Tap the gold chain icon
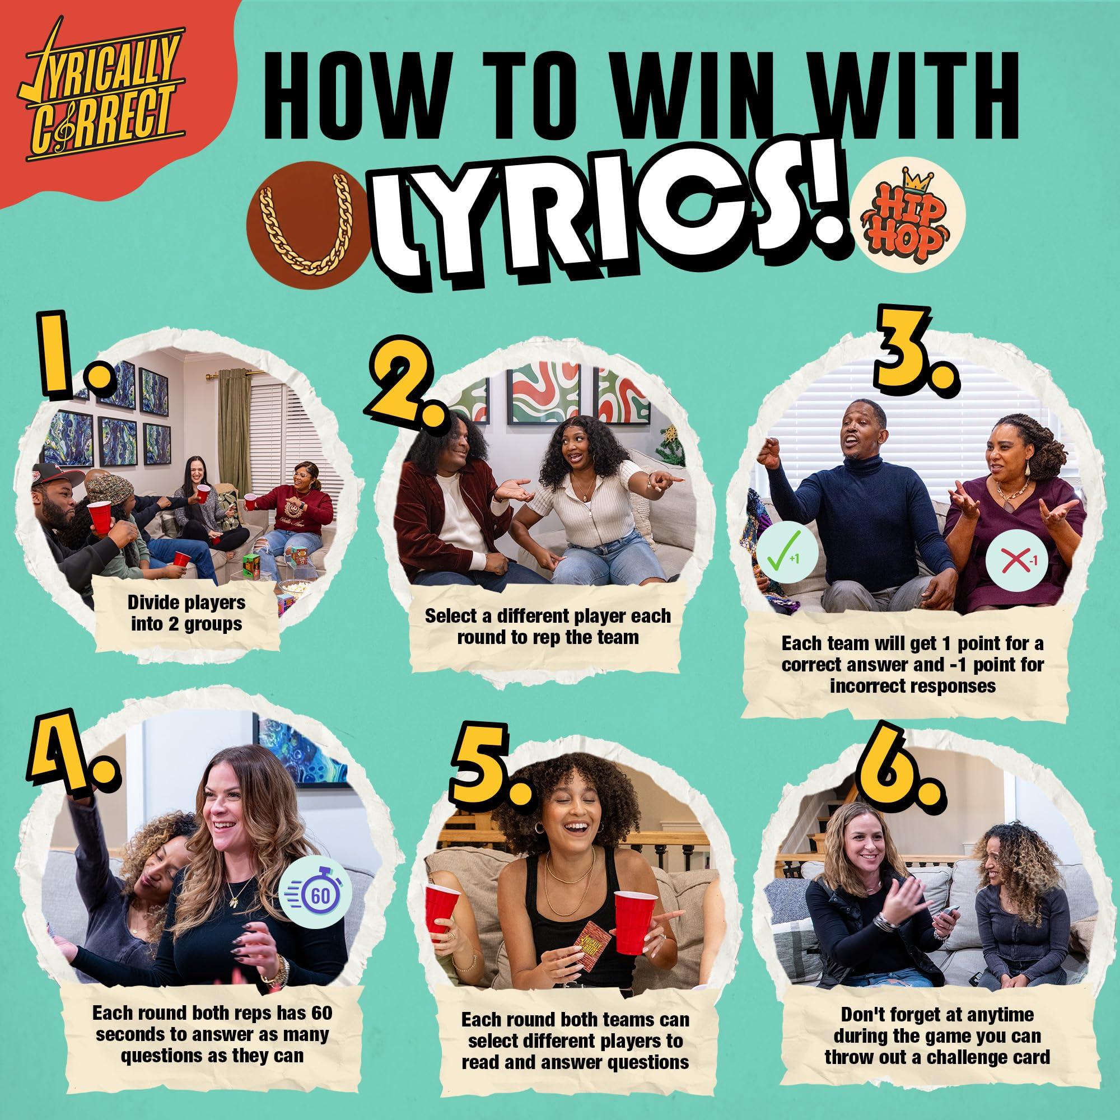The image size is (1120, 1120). (307, 224)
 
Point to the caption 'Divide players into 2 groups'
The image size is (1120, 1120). (186, 613)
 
